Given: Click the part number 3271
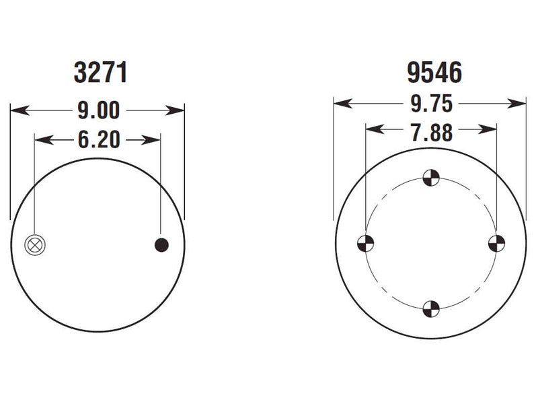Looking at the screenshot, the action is tap(100, 73).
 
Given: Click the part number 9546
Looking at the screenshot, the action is tap(434, 73).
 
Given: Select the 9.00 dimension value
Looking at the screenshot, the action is tap(99, 110).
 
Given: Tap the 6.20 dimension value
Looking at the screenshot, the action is tap(99, 140).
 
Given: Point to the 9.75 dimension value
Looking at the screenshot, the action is tap(432, 104).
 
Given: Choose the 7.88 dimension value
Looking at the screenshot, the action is tap(432, 133).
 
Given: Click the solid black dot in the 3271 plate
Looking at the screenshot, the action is tap(161, 245).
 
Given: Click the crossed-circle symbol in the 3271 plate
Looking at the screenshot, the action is tap(35, 245).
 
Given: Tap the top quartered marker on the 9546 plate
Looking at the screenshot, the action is tap(431, 178).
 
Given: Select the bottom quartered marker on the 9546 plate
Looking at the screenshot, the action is tap(431, 309).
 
